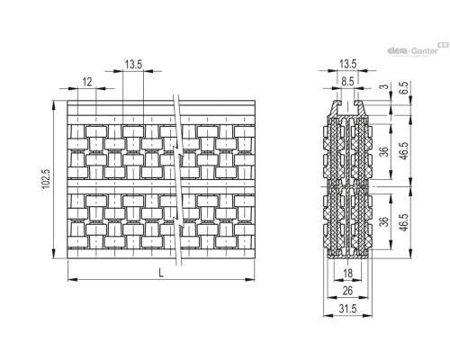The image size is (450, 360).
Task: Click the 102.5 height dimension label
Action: [46, 179]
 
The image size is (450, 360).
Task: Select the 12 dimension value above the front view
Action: [87, 82]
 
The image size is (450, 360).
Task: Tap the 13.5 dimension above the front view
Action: [133, 64]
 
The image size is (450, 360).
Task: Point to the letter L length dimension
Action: [161, 273]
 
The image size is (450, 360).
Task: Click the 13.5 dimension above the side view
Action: [348, 64]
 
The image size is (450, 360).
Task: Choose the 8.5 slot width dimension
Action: [347, 81]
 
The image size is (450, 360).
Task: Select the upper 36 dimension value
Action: [384, 151]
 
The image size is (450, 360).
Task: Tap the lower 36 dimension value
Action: [384, 221]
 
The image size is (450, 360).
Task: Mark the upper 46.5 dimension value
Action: [404, 150]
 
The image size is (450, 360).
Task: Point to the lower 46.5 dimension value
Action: [404, 222]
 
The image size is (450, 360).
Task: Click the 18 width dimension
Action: [347, 274]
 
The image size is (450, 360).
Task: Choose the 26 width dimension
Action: [347, 291]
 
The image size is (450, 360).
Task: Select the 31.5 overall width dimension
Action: [348, 309]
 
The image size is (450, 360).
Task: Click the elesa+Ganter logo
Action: [418, 49]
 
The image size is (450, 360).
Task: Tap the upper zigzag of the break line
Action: [178, 151]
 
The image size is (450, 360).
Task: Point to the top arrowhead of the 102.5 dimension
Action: [54, 104]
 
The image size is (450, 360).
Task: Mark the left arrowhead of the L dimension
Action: [72, 280]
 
